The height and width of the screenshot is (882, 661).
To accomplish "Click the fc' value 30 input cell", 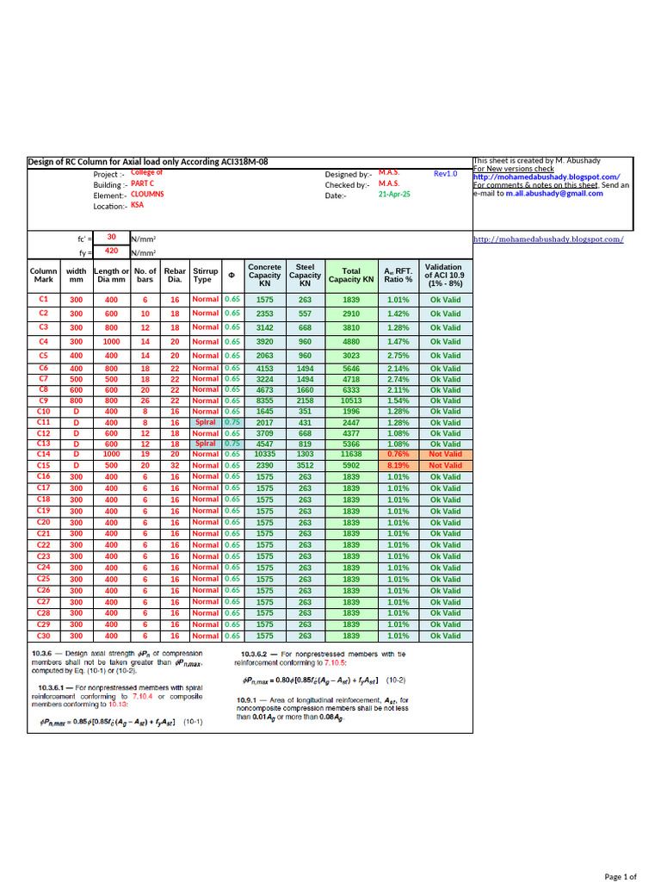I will click(111, 236).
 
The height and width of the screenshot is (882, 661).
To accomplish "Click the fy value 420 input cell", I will click(111, 252).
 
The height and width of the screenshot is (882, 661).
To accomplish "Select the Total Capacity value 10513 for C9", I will click(351, 401).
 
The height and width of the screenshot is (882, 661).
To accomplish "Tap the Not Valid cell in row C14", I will click(445, 454).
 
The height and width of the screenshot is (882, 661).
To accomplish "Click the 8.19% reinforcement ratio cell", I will click(398, 465).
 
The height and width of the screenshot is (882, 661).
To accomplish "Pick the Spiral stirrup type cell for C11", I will click(205, 422).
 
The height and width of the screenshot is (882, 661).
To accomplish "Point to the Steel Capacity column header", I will click(305, 276).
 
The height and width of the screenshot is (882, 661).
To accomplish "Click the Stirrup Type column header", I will click(206, 276).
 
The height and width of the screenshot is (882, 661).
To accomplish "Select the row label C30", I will click(44, 636).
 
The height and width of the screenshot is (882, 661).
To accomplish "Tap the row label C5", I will click(44, 355).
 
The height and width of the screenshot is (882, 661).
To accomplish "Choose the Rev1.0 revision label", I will click(446, 173).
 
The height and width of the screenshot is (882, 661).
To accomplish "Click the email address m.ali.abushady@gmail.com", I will click(554, 194).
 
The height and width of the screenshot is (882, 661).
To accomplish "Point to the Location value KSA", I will click(138, 205).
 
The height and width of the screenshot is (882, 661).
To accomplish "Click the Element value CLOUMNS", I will click(148, 195).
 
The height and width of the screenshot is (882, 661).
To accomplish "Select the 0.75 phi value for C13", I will click(232, 444).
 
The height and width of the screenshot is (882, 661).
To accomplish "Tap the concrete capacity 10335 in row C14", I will click(264, 454).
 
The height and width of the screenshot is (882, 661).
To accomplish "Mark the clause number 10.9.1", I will click(249, 700).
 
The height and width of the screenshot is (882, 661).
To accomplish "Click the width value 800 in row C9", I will click(77, 401).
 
